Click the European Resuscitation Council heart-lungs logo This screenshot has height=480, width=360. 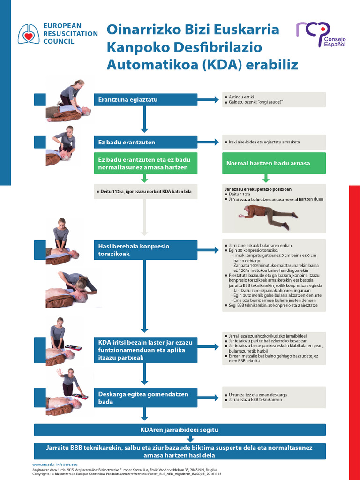tap(29, 34)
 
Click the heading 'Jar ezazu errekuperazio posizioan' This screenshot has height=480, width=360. tap(258, 189)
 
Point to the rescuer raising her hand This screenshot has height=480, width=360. tap(67, 381)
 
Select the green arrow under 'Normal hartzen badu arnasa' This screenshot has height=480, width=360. tap(266, 178)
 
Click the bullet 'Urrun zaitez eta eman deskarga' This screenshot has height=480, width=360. tap(257, 395)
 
